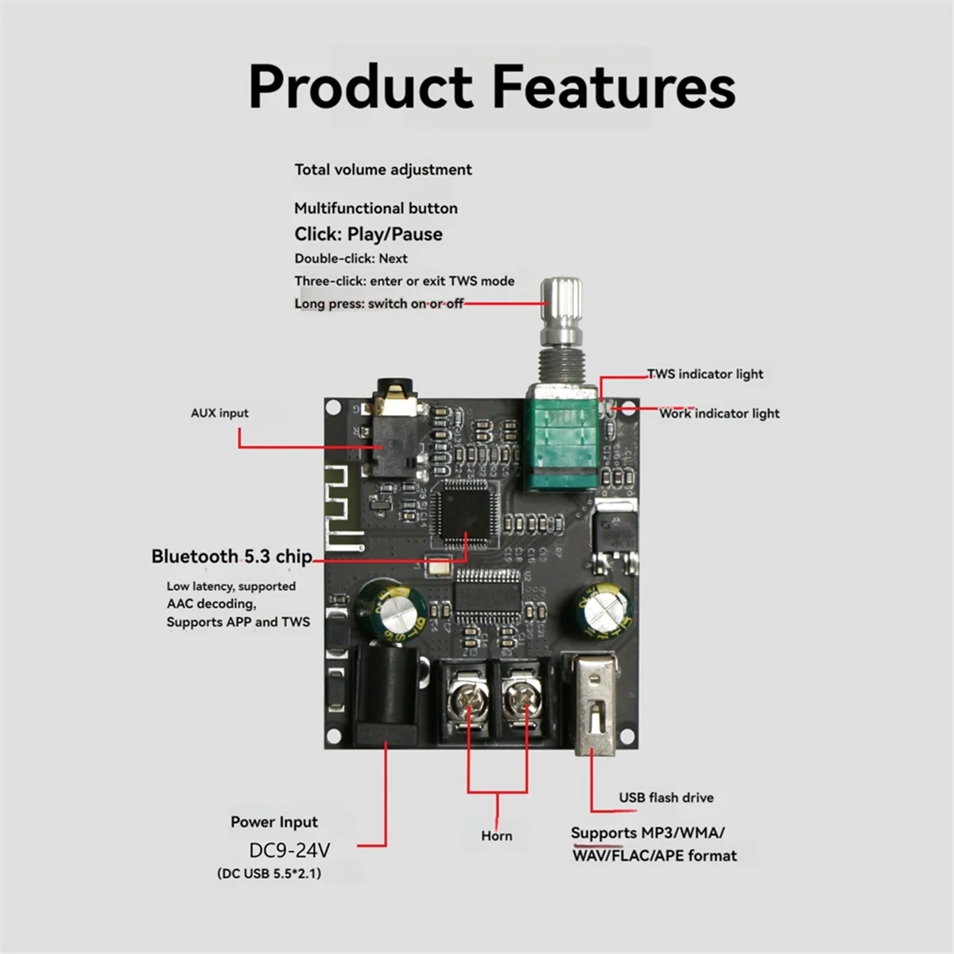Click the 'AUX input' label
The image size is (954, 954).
click(x=219, y=413)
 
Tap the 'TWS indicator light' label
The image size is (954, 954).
click(x=705, y=374)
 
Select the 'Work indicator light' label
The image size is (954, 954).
click(x=719, y=413)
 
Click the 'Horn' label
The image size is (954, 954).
click(x=497, y=836)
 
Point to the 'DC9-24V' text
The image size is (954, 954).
click(x=289, y=850)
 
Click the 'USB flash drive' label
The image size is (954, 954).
click(x=666, y=797)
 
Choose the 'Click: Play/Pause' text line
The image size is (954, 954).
click(x=368, y=234)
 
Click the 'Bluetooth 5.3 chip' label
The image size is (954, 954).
click(x=231, y=556)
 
